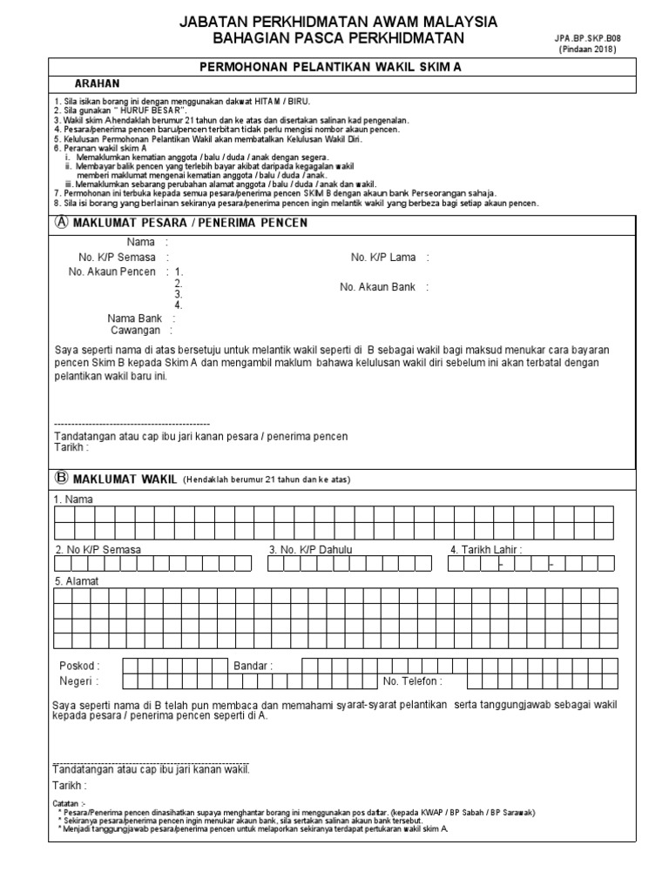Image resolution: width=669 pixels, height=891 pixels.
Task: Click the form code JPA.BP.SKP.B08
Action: (x=588, y=38)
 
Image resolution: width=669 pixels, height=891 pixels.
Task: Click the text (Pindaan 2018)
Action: (x=588, y=50)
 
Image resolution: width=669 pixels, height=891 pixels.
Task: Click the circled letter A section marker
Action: (x=61, y=222)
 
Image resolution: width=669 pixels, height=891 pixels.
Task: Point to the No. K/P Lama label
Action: (x=383, y=258)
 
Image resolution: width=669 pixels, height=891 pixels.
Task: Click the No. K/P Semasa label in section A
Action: (x=117, y=258)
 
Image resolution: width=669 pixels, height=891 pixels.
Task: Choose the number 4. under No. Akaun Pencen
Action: (x=178, y=305)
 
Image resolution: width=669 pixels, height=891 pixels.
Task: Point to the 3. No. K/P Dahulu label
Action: (x=311, y=550)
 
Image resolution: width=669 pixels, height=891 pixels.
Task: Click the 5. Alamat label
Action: (x=76, y=581)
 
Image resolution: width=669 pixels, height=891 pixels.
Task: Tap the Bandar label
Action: (x=252, y=666)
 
